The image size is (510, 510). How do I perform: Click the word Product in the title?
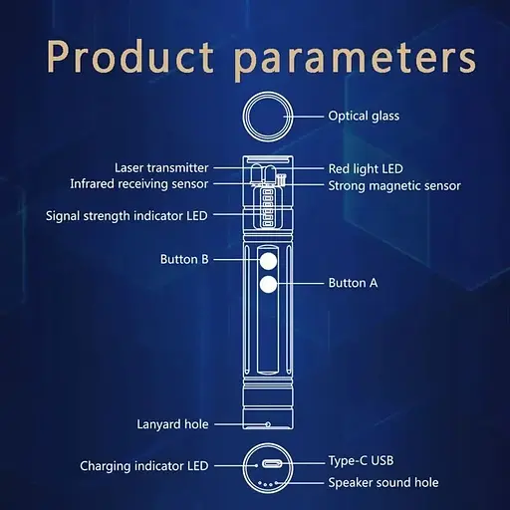pos(130,57)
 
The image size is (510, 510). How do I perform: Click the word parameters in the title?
pos(355,61)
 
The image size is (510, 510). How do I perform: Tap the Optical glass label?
pos(364,116)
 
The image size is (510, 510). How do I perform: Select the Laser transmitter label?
pos(161,167)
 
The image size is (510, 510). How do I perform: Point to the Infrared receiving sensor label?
pos(139,184)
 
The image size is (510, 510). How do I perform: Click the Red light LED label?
pos(366,168)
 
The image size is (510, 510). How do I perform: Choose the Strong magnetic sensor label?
pos(394,186)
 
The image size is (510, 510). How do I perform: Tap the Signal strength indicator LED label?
pos(127,216)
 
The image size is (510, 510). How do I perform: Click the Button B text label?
pos(184,259)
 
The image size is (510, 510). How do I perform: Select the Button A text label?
pos(353,283)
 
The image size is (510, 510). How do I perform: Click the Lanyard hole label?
pos(172,424)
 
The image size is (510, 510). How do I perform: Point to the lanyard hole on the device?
pos(268,424)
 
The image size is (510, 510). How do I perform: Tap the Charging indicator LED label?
pos(144,466)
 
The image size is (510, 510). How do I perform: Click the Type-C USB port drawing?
pos(272,463)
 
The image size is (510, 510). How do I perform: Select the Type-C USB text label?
pos(361,461)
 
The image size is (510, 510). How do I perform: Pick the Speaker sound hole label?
pos(383,482)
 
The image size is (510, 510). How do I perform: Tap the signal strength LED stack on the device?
pos(267,208)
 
